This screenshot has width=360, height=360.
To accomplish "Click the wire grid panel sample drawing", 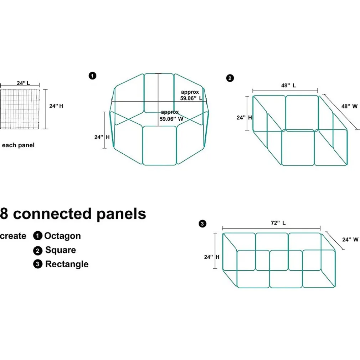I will [19, 109].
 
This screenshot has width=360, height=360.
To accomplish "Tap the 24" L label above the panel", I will [23, 83].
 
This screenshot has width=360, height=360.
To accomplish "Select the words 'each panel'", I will [18, 145].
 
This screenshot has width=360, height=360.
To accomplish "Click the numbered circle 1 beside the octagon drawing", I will [92, 76].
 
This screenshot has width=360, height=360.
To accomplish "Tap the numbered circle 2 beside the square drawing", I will [230, 78].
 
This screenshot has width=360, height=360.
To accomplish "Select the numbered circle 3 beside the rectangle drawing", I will [202, 224].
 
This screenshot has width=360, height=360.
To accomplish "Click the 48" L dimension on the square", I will [288, 86].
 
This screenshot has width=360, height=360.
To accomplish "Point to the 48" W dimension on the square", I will [349, 106].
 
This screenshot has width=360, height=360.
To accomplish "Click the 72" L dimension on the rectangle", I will [278, 223].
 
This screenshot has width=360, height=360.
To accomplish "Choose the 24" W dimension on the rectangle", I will [350, 240].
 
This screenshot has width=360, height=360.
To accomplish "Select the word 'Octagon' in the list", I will [62, 236].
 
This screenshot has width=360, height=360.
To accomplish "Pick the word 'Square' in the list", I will [60, 250].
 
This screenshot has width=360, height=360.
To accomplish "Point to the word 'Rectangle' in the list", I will [67, 264].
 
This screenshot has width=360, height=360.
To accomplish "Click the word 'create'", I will [13, 236].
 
